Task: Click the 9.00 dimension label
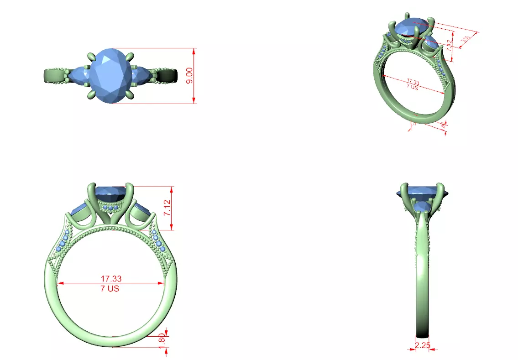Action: coord(189,75)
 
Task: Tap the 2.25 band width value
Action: coord(423,345)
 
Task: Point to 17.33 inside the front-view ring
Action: coord(111,278)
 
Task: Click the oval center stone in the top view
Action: coord(108,75)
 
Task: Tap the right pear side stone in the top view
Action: coord(140,75)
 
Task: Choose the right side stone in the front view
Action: coord(143,211)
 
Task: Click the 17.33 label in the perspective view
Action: coord(413,82)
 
